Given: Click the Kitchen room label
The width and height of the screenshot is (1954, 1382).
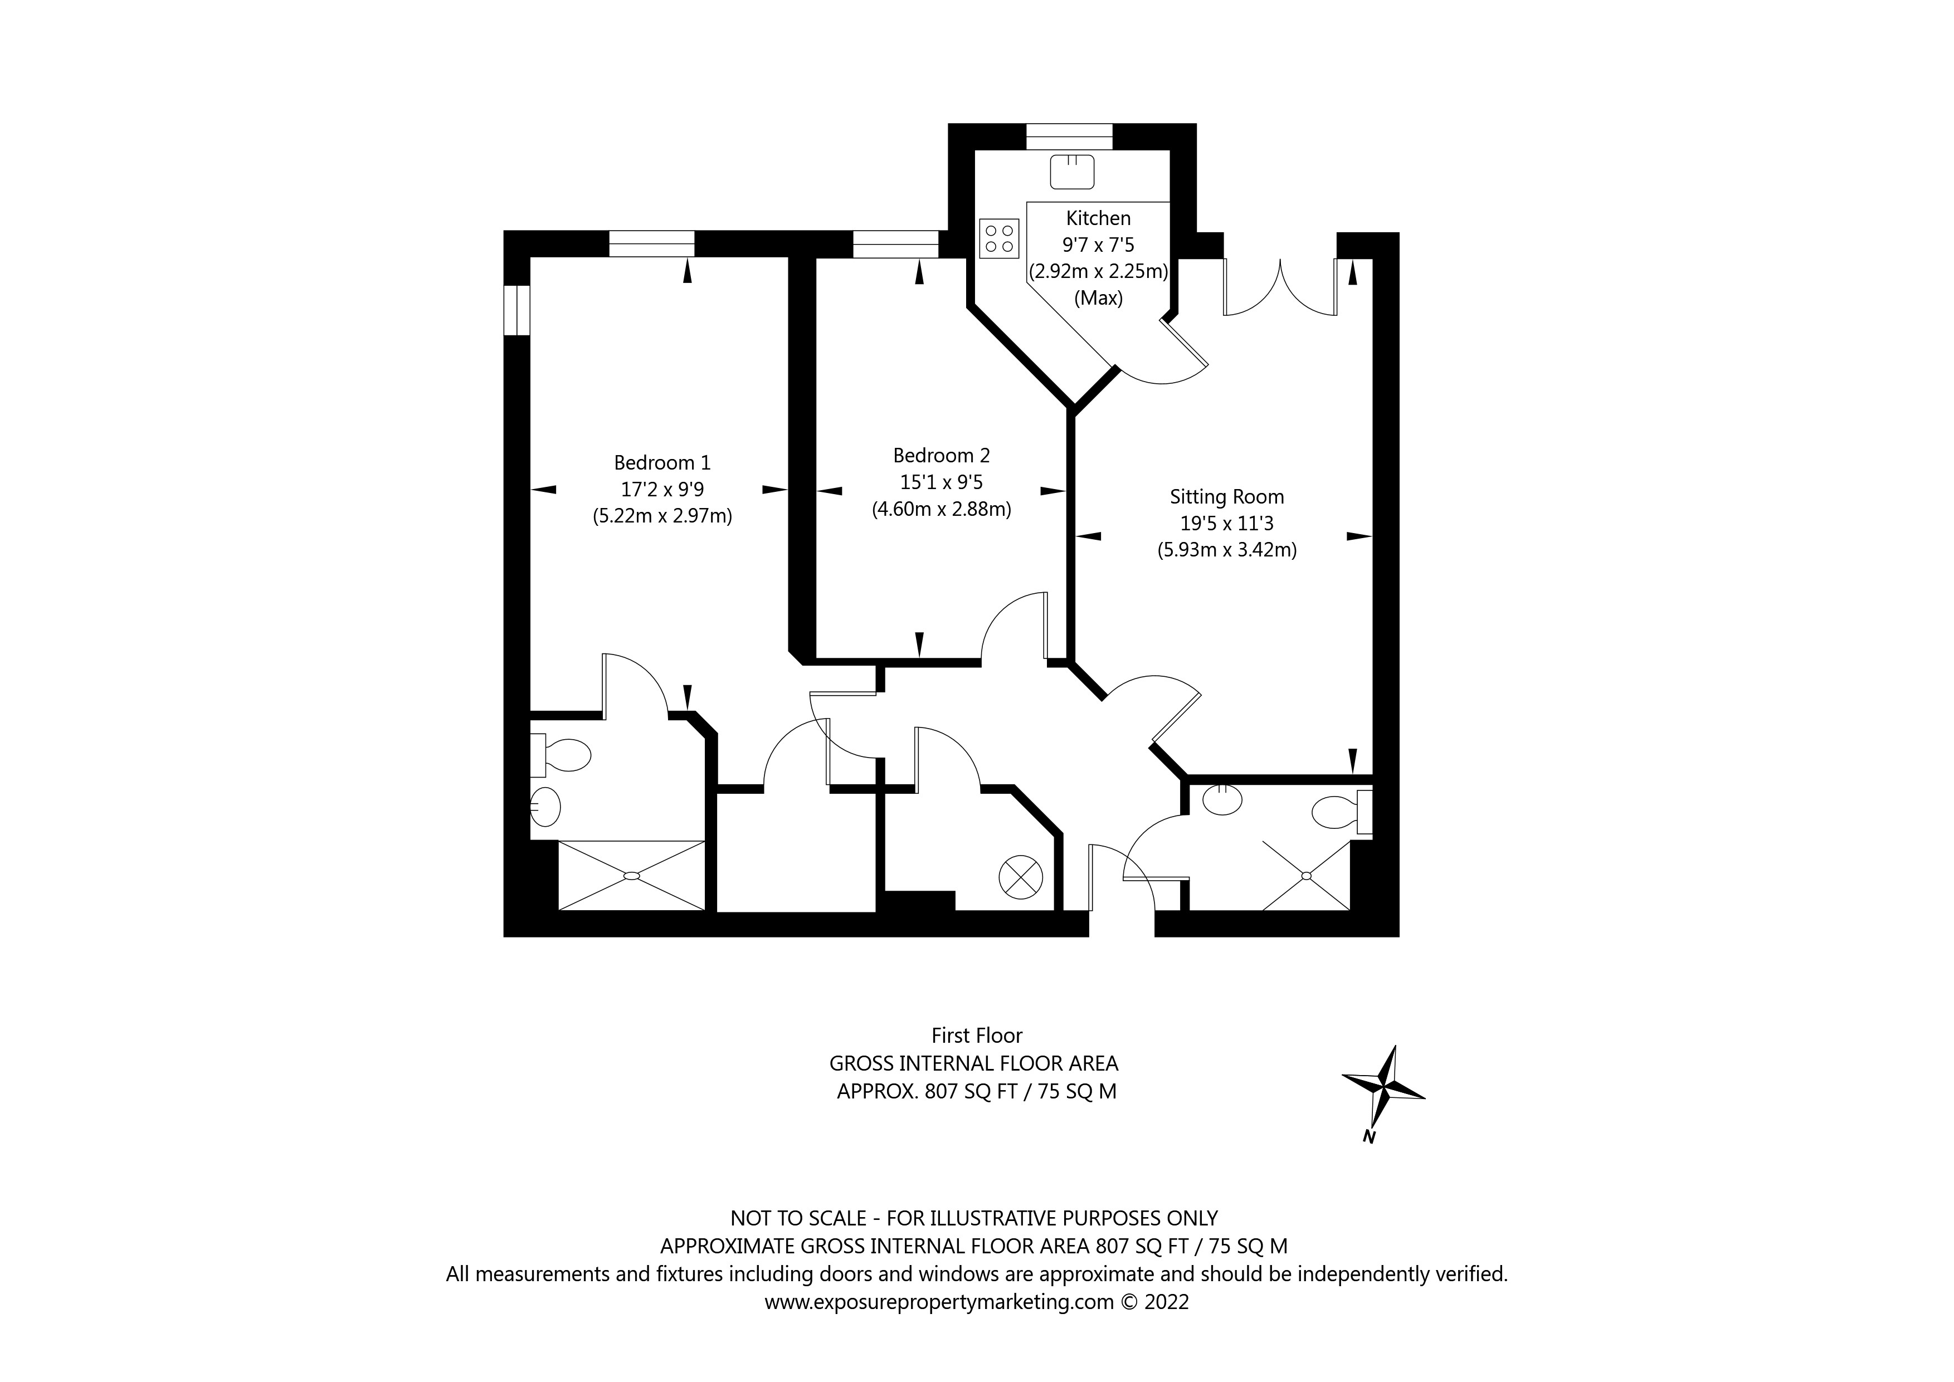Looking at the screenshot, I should coord(1098,219).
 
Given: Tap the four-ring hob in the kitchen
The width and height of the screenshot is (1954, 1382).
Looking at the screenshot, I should coord(998,238).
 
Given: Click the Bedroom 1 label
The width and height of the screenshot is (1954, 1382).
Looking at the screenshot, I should coord(662,463).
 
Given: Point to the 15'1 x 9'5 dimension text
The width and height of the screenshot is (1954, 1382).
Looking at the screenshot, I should coord(941,482).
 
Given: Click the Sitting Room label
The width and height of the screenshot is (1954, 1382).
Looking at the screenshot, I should coord(1226,497).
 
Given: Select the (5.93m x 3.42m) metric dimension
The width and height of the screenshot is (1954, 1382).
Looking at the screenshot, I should coord(1226,550).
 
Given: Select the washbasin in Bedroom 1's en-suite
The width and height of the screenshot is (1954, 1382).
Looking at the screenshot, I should coord(545,806).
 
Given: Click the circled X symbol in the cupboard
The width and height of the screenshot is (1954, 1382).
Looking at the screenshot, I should coord(1020,877).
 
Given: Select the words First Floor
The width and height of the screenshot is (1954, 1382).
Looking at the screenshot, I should coord(976,1036).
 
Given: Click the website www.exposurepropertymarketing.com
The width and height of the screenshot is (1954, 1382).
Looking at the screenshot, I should coord(939,1302).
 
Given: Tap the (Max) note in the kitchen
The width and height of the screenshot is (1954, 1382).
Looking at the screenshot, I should coord(1098,299).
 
